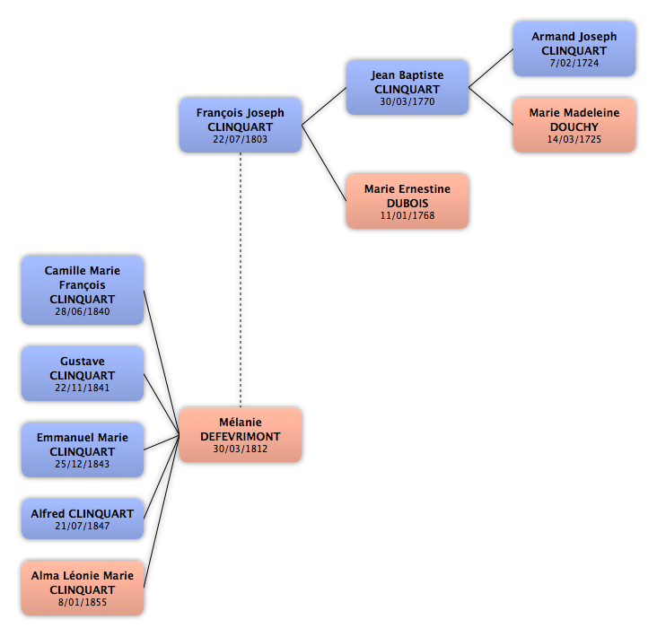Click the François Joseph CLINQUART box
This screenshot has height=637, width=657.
[x=241, y=126]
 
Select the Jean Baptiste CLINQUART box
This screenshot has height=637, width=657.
[x=407, y=87]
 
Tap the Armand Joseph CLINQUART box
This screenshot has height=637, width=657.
[x=574, y=49]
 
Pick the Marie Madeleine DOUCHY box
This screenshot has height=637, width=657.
[x=574, y=126]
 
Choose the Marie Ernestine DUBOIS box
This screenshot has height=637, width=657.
[x=407, y=202]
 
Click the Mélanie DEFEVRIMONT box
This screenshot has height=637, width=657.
[x=241, y=435]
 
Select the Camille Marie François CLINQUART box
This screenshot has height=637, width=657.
[x=83, y=290]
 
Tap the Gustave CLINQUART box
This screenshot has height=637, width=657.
[x=83, y=373]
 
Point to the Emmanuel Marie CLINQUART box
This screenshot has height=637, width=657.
[x=83, y=449]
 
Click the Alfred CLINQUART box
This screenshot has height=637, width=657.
[x=83, y=519]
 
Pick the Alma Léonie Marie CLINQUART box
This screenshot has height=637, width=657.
[x=83, y=588]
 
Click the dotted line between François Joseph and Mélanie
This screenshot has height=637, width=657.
[x=241, y=280]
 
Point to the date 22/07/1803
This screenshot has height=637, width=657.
[x=240, y=139]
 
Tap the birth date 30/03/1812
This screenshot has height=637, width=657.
[x=240, y=449]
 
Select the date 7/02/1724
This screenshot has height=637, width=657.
[x=574, y=63]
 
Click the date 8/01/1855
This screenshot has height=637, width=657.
[x=83, y=602]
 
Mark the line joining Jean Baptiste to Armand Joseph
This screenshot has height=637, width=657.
[x=491, y=68]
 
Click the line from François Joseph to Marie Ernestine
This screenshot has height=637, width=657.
[x=324, y=163]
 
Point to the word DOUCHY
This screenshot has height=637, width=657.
[x=574, y=127]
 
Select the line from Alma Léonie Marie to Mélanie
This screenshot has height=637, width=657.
[x=162, y=511]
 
